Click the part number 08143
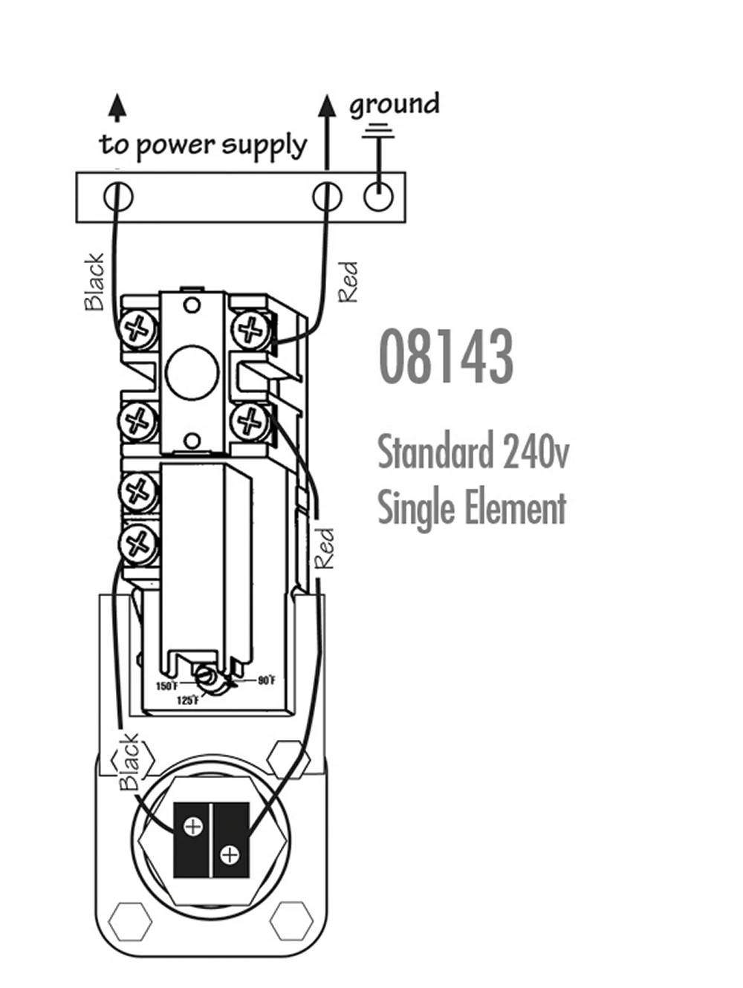tap(446, 357)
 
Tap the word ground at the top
tap(395, 105)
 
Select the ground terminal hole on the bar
tap(378, 197)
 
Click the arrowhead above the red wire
tap(327, 105)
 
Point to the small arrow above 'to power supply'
tap(117, 107)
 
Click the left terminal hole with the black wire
tap(117, 197)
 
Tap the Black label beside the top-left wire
tap(94, 282)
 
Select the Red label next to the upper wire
tap(348, 282)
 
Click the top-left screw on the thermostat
tap(137, 328)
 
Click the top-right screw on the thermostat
tap(252, 328)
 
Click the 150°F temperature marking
tap(166, 686)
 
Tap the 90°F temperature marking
tap(267, 680)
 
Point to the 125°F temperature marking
tap(187, 701)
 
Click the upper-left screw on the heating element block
tap(193, 826)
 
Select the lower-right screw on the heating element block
tap(230, 855)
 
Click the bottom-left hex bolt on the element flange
tap(130, 922)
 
